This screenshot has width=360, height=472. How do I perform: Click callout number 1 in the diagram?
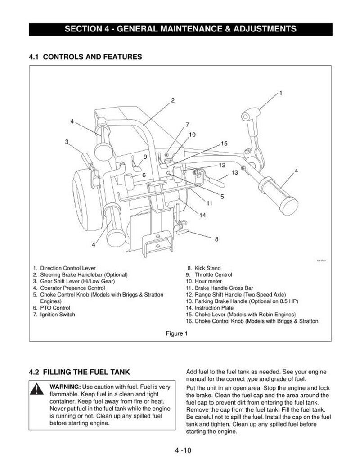280,93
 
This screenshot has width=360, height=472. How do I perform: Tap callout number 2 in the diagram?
172,100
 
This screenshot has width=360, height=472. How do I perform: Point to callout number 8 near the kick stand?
216,239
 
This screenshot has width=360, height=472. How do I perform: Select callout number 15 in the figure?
225,144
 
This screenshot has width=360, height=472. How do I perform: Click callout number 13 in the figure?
234,172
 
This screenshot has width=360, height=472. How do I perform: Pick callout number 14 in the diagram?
202,215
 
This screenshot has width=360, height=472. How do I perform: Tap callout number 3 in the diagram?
67,142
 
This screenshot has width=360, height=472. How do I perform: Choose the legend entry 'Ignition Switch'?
58,315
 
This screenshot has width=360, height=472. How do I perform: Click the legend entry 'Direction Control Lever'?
67,268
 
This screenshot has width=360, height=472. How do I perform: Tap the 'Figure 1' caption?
177,333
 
